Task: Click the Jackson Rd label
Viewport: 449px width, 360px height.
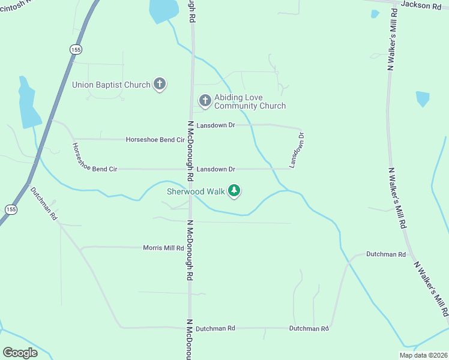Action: coord(421,5)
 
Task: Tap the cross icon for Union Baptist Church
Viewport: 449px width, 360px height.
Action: coord(160,85)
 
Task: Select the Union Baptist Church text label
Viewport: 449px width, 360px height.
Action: coord(111,85)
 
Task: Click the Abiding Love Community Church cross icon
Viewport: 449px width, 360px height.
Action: coord(205,101)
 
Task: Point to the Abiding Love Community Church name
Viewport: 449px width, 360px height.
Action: coord(250,101)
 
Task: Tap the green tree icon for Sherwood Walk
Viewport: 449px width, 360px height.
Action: coord(234,191)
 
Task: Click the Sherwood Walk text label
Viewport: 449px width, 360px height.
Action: coord(195,191)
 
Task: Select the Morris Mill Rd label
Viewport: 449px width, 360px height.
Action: coord(163,247)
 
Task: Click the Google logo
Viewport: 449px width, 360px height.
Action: coord(20,353)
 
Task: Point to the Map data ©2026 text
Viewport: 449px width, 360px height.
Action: coord(423,355)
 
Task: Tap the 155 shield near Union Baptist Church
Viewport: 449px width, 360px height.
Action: coord(76,49)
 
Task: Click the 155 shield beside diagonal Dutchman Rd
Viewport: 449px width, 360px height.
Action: coord(10,209)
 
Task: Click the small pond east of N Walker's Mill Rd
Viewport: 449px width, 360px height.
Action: coord(423,98)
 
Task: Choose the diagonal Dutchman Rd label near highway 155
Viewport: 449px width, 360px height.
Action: coord(44,202)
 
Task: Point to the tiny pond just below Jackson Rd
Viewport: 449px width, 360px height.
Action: coord(375,14)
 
